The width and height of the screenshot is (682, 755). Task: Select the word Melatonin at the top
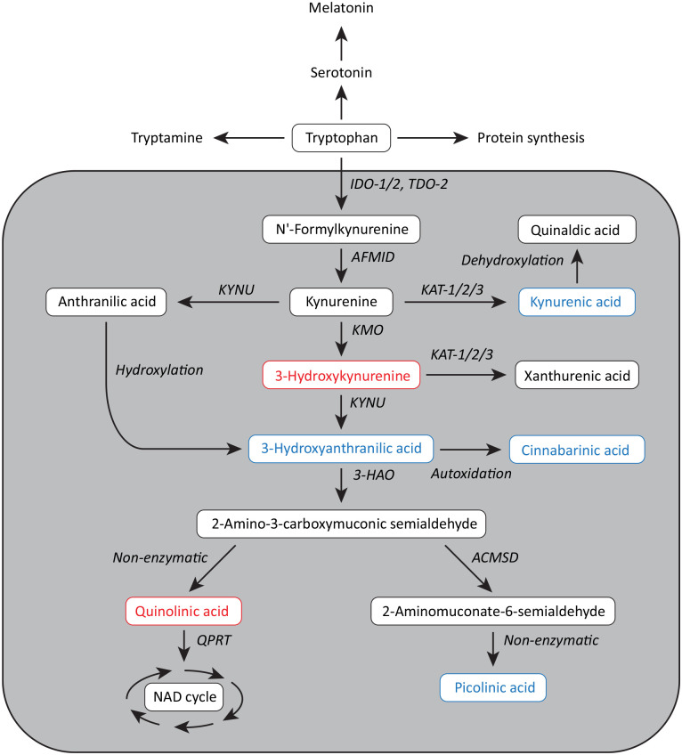coord(341,9)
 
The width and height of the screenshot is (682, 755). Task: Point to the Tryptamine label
coord(166,138)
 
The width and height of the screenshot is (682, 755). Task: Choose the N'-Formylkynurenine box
coord(341,229)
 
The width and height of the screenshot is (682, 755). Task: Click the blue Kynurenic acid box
coord(577,303)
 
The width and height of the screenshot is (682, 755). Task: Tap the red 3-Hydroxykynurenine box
coord(341,377)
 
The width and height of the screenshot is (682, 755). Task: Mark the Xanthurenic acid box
coord(577,377)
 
